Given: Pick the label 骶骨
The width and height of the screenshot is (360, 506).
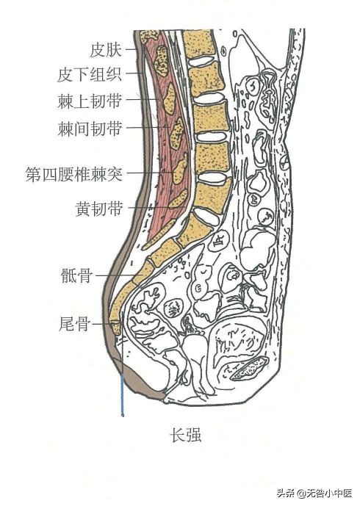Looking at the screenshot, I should pyautogui.click(x=78, y=276).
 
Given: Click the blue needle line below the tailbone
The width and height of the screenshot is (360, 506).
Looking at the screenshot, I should pyautogui.click(x=122, y=397).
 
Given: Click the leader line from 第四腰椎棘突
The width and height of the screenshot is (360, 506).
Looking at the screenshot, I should pyautogui.click(x=151, y=173).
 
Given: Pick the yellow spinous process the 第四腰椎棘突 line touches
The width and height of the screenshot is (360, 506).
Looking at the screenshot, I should pyautogui.click(x=179, y=171).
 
